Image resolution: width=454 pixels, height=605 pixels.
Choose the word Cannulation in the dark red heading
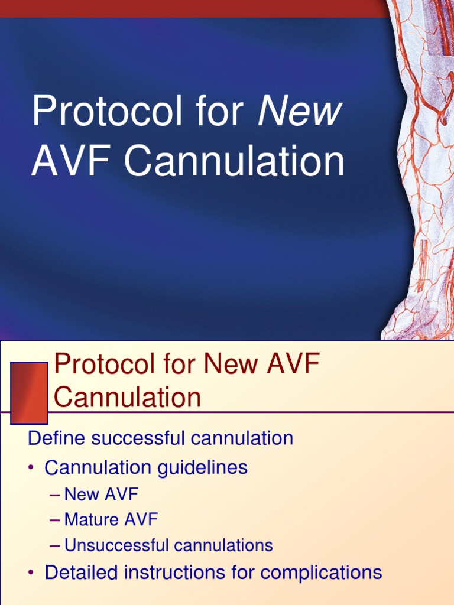(127, 397)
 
